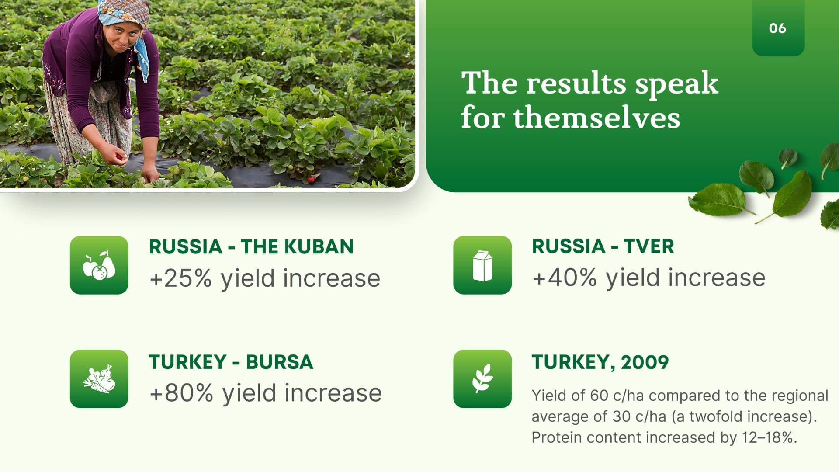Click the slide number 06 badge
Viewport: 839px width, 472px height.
click(778, 28)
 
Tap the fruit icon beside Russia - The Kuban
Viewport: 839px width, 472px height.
click(99, 265)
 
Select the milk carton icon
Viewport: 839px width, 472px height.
click(482, 265)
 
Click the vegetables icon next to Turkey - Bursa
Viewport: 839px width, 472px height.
click(99, 379)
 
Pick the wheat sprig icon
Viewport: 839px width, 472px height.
click(482, 379)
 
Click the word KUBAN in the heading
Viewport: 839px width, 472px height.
click(319, 247)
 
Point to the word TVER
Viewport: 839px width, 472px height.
click(649, 246)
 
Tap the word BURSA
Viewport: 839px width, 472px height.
click(280, 362)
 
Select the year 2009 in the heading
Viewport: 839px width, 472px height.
click(645, 362)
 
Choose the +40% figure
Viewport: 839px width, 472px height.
click(564, 278)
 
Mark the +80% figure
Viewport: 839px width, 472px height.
click(181, 392)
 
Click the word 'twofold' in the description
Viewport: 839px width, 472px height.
click(714, 416)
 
